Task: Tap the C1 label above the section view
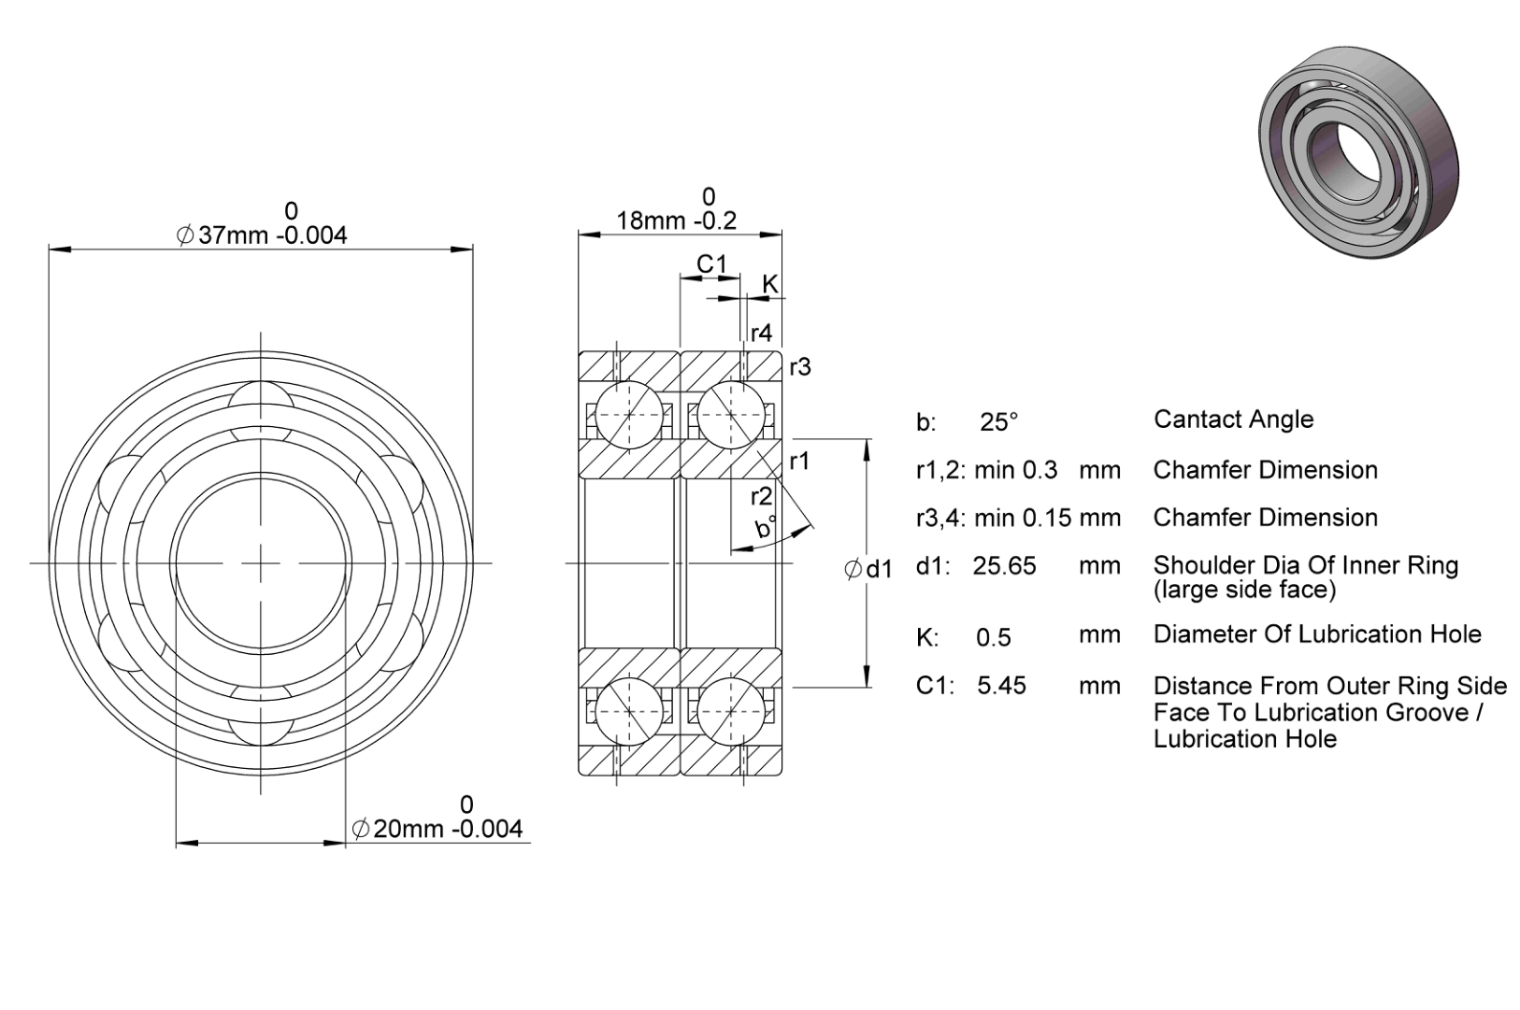(x=711, y=263)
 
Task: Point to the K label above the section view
(x=770, y=284)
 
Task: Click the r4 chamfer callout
(x=761, y=333)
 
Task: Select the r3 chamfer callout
(x=800, y=367)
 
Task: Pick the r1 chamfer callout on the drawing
(x=800, y=462)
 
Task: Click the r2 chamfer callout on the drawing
(x=761, y=497)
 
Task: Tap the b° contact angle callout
(x=766, y=527)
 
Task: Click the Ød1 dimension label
(x=868, y=569)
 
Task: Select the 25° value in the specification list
(x=999, y=422)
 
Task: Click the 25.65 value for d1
(x=1004, y=565)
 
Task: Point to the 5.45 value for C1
(x=1001, y=686)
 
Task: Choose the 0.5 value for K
(x=994, y=637)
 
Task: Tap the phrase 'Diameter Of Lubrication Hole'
(x=1317, y=634)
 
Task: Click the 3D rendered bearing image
(x=1358, y=153)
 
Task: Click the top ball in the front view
(x=261, y=405)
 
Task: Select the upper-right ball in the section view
(x=731, y=415)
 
